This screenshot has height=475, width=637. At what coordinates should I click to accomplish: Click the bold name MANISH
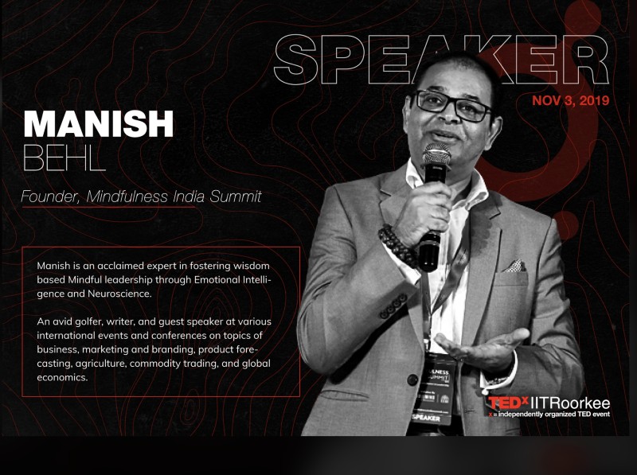99,123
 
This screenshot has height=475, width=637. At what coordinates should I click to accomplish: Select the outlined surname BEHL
64,157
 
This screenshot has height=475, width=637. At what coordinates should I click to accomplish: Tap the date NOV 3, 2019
570,100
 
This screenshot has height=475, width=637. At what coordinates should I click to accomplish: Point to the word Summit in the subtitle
235,197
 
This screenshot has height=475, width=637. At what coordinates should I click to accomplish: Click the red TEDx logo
508,403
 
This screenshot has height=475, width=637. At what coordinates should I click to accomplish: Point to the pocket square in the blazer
514,266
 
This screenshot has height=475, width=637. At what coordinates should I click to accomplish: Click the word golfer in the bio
91,322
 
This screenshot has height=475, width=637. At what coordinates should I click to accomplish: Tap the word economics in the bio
62,378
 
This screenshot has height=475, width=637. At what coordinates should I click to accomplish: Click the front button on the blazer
412,380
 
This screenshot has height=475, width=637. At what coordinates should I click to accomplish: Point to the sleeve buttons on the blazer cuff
393,306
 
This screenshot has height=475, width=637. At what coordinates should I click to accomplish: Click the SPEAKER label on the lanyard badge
426,418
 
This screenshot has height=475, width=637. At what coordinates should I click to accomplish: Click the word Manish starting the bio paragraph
53,266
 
